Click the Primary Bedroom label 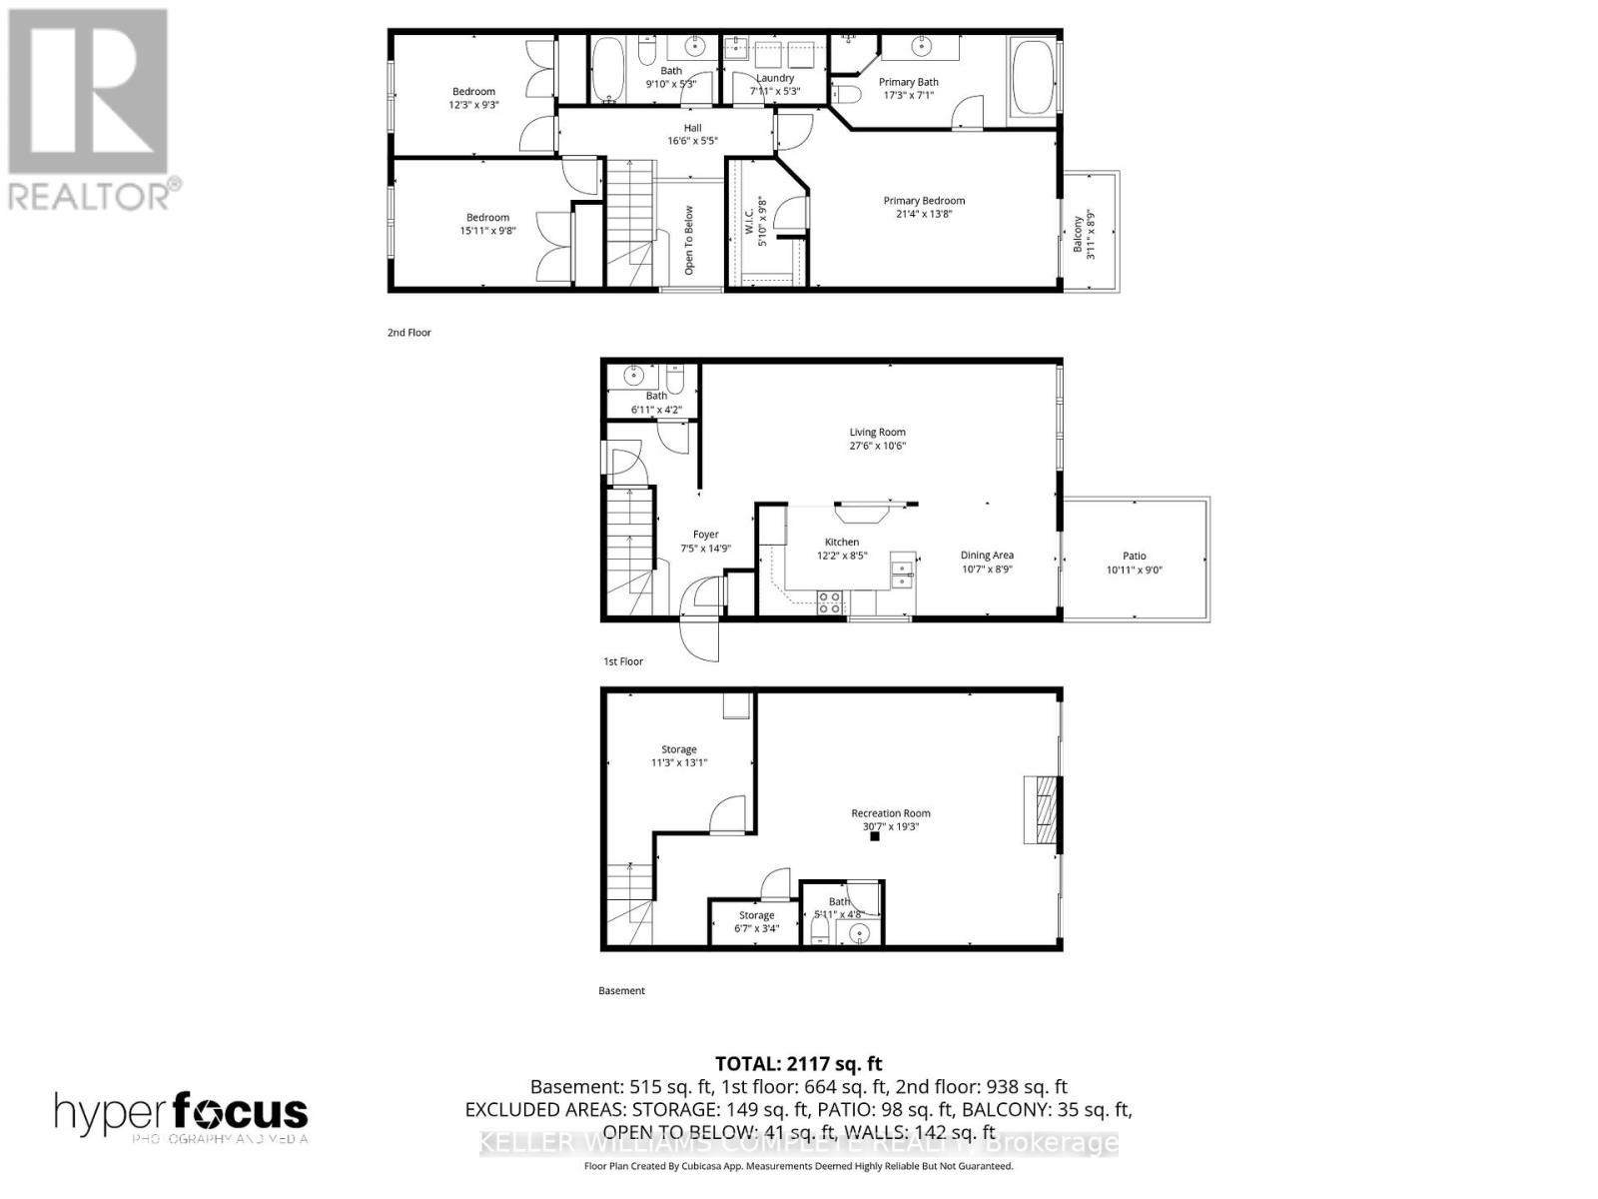924,201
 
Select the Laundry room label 775,78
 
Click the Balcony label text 1078,234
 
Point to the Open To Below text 689,240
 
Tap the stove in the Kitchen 830,601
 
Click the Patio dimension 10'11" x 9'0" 1135,571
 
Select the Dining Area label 987,556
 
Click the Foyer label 705,535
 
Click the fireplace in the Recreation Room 1041,810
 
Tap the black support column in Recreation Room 875,837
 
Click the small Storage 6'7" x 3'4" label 756,915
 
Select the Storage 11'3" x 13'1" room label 679,749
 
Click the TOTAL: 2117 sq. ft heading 798,1064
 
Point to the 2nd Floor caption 409,333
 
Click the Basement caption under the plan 621,991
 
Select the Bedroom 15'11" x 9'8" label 487,218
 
